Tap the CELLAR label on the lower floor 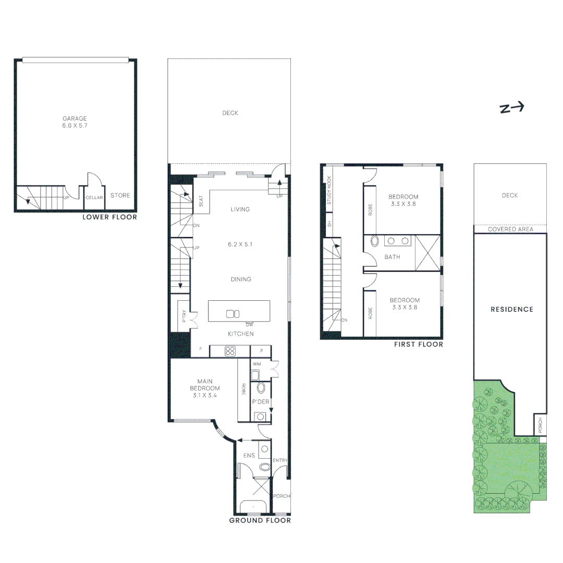[94, 198]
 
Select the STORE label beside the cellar [120, 195]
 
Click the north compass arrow [511, 108]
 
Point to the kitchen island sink [232, 314]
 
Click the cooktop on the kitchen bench [230, 351]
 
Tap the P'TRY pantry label [184, 317]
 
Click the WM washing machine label [257, 364]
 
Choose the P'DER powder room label [260, 402]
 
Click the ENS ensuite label [249, 455]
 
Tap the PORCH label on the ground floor [282, 496]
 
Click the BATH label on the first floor [392, 256]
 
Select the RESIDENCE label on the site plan [512, 309]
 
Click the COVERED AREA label [510, 229]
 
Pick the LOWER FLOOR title [109, 217]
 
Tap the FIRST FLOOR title [419, 344]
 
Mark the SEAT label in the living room [202, 202]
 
